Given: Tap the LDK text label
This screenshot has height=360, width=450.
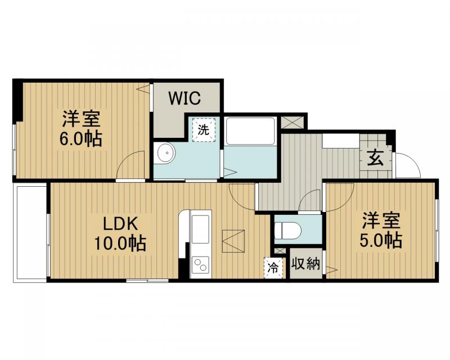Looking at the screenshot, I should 120,223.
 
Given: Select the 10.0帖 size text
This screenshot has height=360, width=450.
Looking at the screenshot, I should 120,244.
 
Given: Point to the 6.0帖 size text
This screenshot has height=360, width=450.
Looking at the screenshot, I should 82,138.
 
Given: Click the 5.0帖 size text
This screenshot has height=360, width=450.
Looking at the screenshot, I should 381,240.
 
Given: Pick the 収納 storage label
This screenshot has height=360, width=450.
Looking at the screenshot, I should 307,264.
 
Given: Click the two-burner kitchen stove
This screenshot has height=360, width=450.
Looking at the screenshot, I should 200,263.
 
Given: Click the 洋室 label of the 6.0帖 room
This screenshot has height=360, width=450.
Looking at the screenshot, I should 82,119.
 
